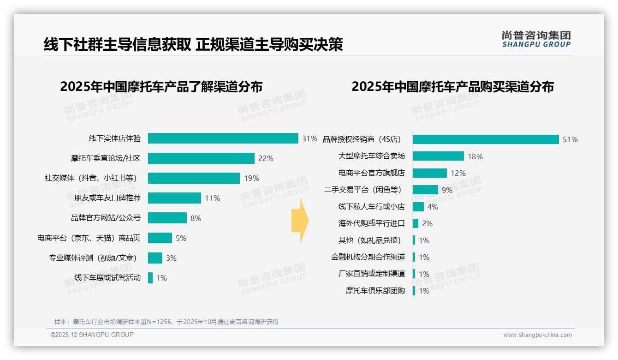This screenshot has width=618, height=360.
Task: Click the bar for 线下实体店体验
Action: (223, 138)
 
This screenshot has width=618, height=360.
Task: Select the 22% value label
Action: (266, 158)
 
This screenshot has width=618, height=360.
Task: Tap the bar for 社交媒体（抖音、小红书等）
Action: (194, 178)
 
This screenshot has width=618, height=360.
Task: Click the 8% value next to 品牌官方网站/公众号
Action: (196, 218)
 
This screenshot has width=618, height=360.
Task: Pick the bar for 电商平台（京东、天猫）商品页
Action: (160, 238)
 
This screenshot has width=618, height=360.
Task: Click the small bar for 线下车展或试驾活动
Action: (150, 278)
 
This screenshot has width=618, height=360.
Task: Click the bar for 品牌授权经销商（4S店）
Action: (486, 139)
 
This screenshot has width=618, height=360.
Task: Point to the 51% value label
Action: (570, 139)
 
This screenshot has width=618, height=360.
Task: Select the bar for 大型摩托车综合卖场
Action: (438, 156)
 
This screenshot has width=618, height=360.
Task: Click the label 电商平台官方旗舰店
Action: (371, 173)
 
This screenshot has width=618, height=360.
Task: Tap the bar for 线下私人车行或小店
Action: (418, 207)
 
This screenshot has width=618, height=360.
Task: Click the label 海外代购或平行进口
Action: (371, 223)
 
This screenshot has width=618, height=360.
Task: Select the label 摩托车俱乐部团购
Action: (375, 291)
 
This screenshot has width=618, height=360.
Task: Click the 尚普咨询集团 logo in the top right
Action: (536, 39)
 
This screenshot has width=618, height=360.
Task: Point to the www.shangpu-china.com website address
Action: (537, 335)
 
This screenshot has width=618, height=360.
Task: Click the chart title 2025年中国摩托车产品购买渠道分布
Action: (452, 87)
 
